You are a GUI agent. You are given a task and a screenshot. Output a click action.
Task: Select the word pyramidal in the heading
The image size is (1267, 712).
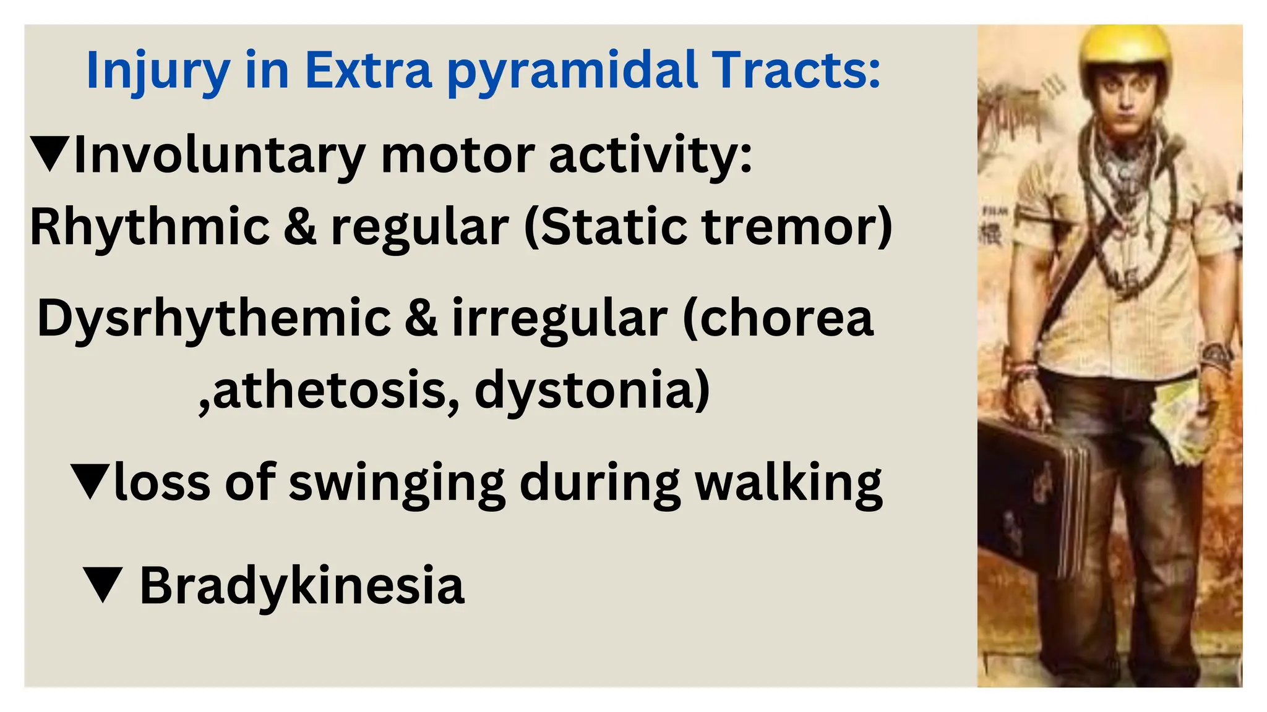(572, 70)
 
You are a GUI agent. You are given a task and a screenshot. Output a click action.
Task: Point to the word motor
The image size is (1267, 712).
(457, 155)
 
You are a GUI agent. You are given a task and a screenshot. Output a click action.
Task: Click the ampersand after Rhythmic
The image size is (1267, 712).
(299, 227)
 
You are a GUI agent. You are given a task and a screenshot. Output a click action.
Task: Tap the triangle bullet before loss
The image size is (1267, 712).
(90, 481)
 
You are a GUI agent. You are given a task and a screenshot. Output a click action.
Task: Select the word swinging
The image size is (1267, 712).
(397, 484)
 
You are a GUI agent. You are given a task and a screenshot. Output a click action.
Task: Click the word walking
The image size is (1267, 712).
(789, 484)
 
